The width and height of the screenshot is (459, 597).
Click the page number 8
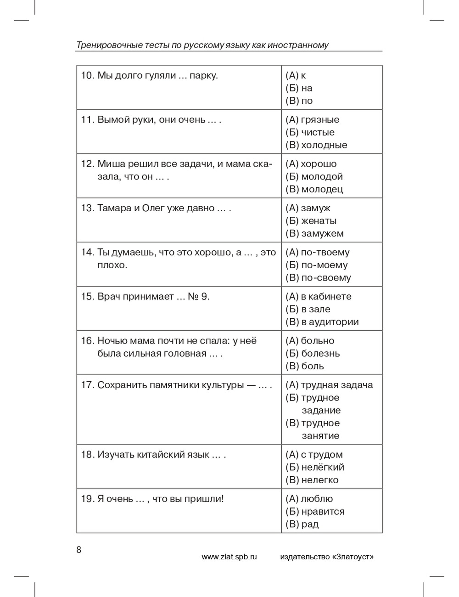(78, 550)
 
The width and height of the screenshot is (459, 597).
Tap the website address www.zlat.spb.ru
(229, 557)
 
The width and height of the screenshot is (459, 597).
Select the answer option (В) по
(299, 101)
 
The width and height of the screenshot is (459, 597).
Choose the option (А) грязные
(312, 120)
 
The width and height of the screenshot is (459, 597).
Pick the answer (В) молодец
(314, 189)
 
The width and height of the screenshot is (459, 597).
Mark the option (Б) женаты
(311, 221)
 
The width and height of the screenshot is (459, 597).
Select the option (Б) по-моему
(316, 265)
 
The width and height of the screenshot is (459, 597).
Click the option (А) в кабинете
(318, 297)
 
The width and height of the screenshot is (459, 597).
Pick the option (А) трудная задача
(329, 385)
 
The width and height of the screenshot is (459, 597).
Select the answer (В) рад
(302, 524)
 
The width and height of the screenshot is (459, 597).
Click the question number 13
(87, 208)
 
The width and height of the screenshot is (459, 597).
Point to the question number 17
(87, 385)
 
